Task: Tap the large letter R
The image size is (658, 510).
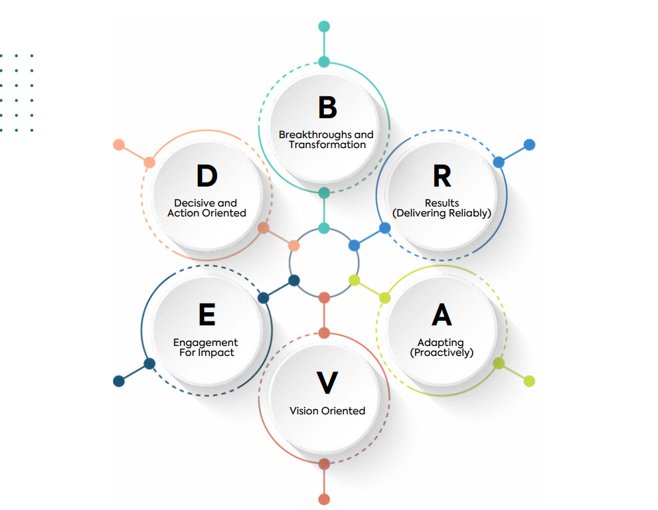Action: (442, 177)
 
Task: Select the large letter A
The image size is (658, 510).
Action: (442, 315)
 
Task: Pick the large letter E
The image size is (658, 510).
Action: (206, 315)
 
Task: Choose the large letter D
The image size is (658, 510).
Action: (206, 177)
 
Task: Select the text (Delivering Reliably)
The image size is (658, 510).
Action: (442, 213)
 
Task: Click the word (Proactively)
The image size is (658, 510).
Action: (442, 353)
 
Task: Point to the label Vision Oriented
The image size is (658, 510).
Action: (327, 411)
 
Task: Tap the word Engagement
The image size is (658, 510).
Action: (206, 343)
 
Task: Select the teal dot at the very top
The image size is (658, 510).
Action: (324, 27)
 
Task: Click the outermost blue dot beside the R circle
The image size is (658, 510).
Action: (529, 145)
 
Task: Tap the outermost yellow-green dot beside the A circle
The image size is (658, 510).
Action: (529, 381)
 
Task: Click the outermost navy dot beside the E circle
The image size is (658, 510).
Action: (119, 381)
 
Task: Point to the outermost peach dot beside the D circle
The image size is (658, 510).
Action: (119, 145)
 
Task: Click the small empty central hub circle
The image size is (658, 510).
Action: (324, 263)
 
